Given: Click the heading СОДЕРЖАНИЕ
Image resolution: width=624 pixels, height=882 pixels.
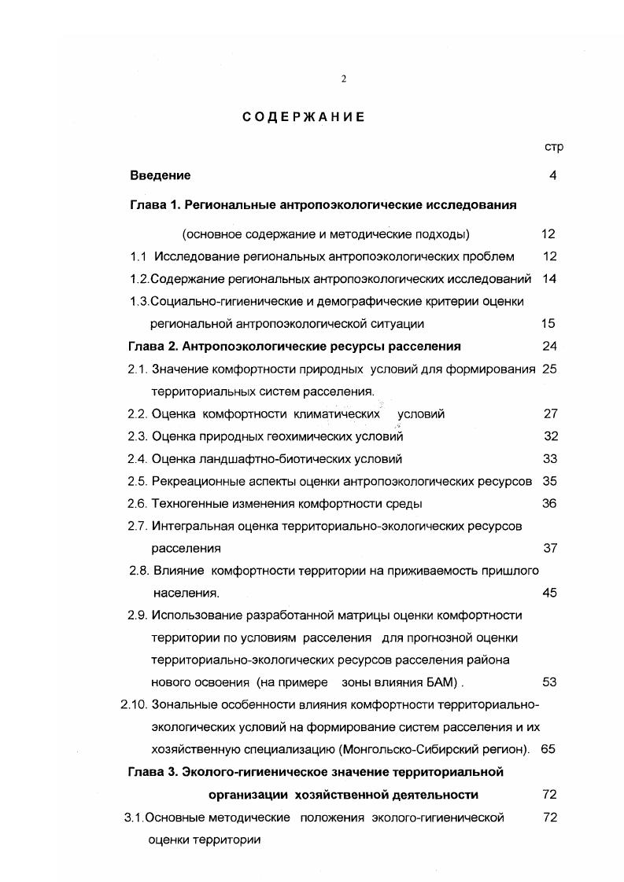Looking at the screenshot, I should point(303,117).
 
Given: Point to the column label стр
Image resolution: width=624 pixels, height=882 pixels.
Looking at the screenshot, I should point(554,147).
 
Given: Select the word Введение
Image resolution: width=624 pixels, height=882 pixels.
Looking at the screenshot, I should point(161,175).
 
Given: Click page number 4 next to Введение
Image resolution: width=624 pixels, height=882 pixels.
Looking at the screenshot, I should point(553,175).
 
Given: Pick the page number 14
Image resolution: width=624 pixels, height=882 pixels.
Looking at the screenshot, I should point(549,278).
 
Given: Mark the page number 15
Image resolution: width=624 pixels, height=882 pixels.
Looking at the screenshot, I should point(549,323).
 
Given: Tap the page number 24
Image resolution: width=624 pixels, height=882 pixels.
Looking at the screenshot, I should point(549,346).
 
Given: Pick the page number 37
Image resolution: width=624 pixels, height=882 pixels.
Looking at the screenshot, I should point(549,548).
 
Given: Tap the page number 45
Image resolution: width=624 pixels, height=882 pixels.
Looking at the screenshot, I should point(549,593).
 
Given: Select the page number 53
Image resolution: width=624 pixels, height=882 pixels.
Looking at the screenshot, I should point(549,682).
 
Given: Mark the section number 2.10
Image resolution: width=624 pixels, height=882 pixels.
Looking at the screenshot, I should point(132,704).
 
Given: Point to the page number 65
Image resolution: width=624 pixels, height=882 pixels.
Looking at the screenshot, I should point(548,749).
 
